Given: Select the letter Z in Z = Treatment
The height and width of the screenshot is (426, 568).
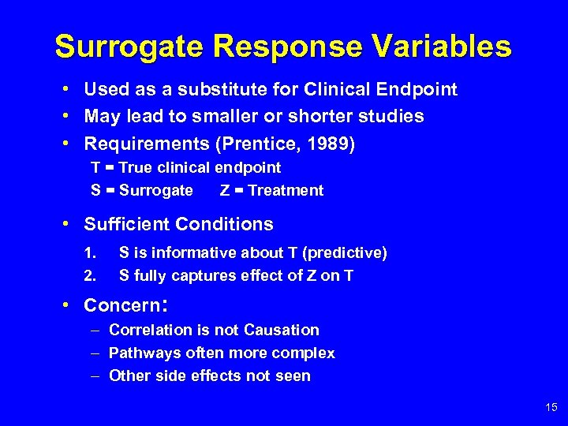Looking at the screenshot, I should click(x=226, y=190).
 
